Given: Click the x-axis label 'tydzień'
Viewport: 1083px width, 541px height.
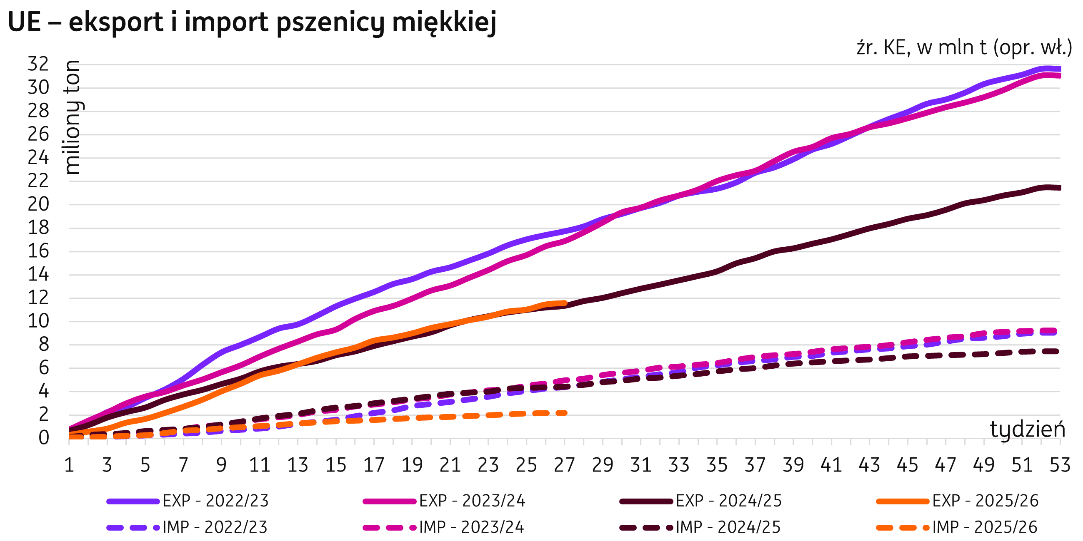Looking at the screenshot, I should (1027, 429).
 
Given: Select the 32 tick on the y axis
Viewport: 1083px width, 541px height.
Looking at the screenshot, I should (38, 64).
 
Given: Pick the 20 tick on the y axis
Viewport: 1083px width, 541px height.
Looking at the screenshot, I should (38, 205).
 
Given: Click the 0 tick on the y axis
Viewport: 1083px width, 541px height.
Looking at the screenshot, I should (44, 438).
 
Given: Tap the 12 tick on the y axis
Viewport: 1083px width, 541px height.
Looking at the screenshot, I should (38, 298).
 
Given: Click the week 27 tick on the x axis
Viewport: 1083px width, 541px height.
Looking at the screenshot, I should (564, 465).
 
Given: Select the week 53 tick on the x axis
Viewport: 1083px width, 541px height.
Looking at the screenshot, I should (1059, 465).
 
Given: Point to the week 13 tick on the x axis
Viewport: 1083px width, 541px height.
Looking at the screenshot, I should (298, 465).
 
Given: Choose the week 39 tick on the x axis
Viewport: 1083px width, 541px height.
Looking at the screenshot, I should (793, 465).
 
